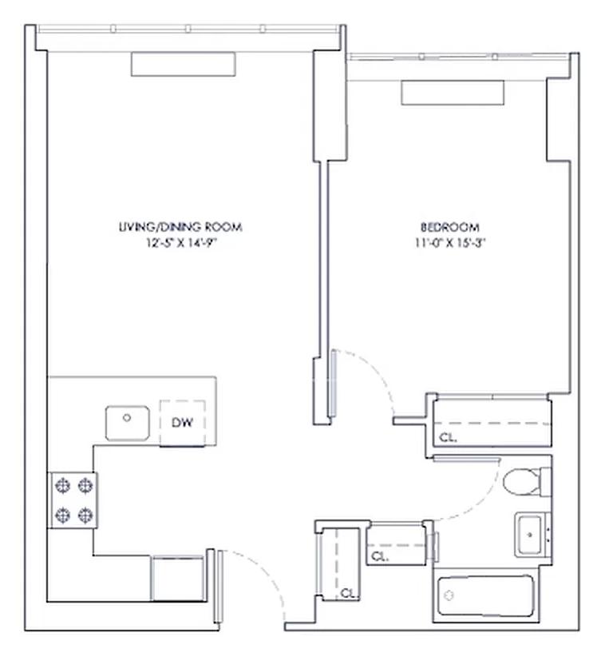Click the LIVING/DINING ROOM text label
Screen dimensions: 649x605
(x=179, y=227)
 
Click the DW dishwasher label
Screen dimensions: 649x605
(x=183, y=422)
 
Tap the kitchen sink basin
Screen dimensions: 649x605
(x=128, y=423)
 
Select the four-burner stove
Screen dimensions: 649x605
(x=73, y=500)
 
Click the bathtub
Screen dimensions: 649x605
(x=486, y=597)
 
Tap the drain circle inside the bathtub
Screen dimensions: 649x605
(x=450, y=595)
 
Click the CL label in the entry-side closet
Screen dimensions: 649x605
(x=346, y=592)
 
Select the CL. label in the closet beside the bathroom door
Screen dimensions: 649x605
(x=379, y=555)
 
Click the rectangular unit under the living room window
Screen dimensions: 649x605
(x=184, y=64)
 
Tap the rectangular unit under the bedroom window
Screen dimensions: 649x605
(x=453, y=93)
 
